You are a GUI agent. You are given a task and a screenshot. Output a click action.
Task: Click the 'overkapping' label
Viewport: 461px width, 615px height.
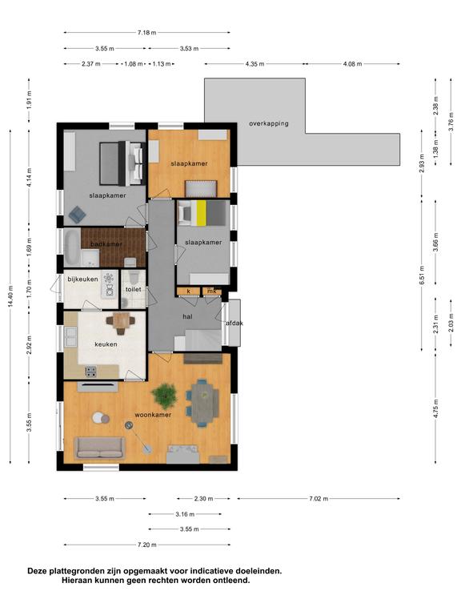click(269, 123)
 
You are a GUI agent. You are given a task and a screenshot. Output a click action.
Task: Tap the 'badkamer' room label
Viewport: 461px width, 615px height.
click(106, 244)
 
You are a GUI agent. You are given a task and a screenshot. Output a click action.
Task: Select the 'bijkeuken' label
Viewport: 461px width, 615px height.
click(82, 279)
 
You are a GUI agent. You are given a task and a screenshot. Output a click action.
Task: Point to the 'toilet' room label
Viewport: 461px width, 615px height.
click(134, 289)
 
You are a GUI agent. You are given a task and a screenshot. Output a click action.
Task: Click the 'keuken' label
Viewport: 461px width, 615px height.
click(106, 344)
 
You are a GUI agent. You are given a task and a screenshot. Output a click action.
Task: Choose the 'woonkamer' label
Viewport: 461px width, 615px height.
click(153, 415)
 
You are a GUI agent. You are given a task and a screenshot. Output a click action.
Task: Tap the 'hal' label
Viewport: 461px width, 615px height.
click(187, 316)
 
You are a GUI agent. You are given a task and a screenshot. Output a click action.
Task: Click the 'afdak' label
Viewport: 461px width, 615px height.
click(235, 324)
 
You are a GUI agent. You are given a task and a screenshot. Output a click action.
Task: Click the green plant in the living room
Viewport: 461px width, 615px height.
click(165, 395)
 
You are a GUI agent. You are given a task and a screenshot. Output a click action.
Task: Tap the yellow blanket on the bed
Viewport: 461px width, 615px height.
click(201, 213)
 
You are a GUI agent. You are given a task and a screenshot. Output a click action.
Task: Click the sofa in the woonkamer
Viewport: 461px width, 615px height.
click(100, 448)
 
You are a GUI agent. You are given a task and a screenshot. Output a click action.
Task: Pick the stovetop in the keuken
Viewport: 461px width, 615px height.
click(90, 372)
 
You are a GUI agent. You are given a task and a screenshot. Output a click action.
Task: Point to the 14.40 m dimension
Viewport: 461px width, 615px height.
click(10, 295)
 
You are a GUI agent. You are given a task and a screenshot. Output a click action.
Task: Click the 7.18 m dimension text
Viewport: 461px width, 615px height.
click(146, 33)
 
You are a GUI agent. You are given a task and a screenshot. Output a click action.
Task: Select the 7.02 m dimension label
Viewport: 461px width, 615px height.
click(319, 499)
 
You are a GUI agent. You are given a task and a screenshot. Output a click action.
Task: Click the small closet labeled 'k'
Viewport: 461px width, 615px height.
click(189, 291)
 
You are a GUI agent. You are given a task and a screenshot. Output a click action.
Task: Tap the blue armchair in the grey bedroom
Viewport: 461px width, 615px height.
click(77, 215)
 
